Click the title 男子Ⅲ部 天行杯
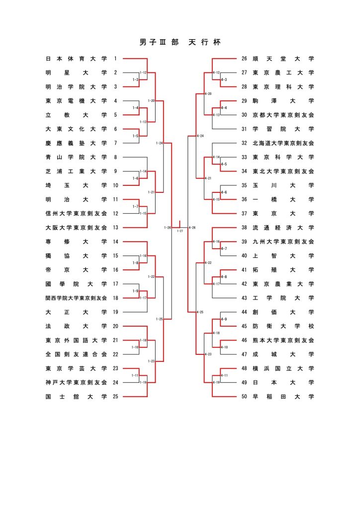tap(180, 42)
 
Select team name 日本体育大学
tap(76, 59)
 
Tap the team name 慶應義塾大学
tap(76, 143)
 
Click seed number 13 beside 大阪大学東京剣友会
tap(115, 228)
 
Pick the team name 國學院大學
tap(76, 284)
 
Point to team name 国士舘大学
tap(76, 397)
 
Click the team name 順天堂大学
tap(283, 59)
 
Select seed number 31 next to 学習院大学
tap(244, 129)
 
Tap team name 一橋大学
tap(283, 199)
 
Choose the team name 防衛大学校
tap(283, 326)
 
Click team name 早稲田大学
tap(283, 397)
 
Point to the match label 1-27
tap(180, 231)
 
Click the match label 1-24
tap(159, 143)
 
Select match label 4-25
tap(200, 312)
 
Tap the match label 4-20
tap(208, 94)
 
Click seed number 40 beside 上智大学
tap(244, 256)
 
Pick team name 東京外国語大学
tap(76, 340)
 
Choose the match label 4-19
tap(216, 382)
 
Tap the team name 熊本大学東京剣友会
tap(283, 340)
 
